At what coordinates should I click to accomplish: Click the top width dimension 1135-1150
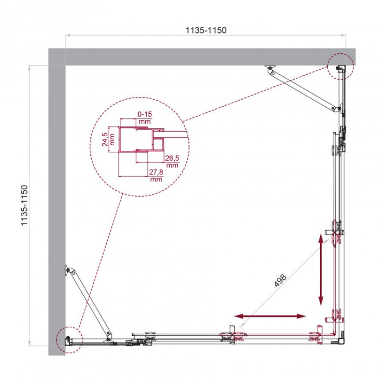coord(205,30)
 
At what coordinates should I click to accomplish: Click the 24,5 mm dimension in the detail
coord(104,139)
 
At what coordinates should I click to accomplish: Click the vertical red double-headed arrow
coord(321,269)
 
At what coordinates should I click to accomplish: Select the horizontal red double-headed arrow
coord(272,316)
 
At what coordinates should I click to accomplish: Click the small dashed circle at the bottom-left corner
coord(68,339)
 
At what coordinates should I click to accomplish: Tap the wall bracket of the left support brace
coord(66,270)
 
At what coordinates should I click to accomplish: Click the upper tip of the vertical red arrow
coord(321,235)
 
